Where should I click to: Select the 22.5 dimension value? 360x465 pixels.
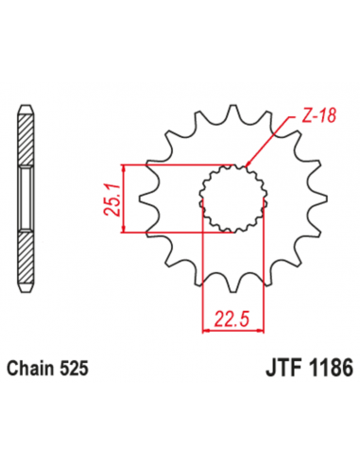tap(232, 318)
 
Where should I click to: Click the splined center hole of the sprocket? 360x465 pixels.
tap(231, 198)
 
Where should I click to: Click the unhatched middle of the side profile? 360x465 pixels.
tap(26, 198)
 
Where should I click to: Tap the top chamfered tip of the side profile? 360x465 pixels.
tap(26, 106)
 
